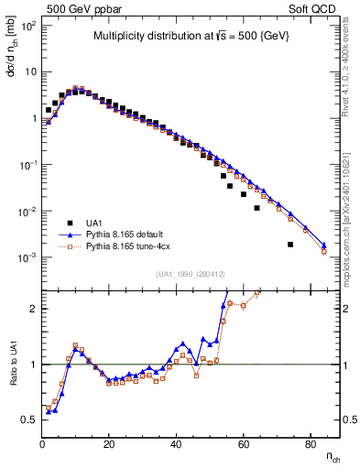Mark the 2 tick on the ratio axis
pos(32,309)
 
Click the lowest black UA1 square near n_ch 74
pos(290,245)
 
